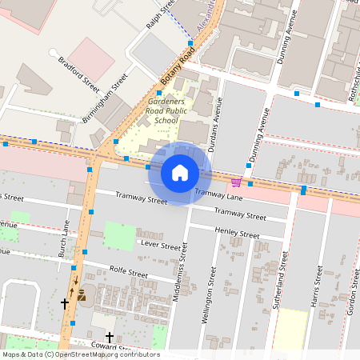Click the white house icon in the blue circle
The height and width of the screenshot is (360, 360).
click(180, 173)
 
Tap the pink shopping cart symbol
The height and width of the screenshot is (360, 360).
click(236, 182)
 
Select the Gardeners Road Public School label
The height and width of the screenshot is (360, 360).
click(166, 111)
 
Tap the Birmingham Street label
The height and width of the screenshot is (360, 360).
click(105, 98)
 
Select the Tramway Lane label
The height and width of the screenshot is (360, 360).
click(218, 194)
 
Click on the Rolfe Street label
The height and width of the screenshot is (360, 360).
click(129, 272)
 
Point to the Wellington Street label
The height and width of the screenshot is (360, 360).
click(212, 296)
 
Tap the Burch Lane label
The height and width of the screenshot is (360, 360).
click(67, 238)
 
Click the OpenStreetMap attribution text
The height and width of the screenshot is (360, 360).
click(80, 354)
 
